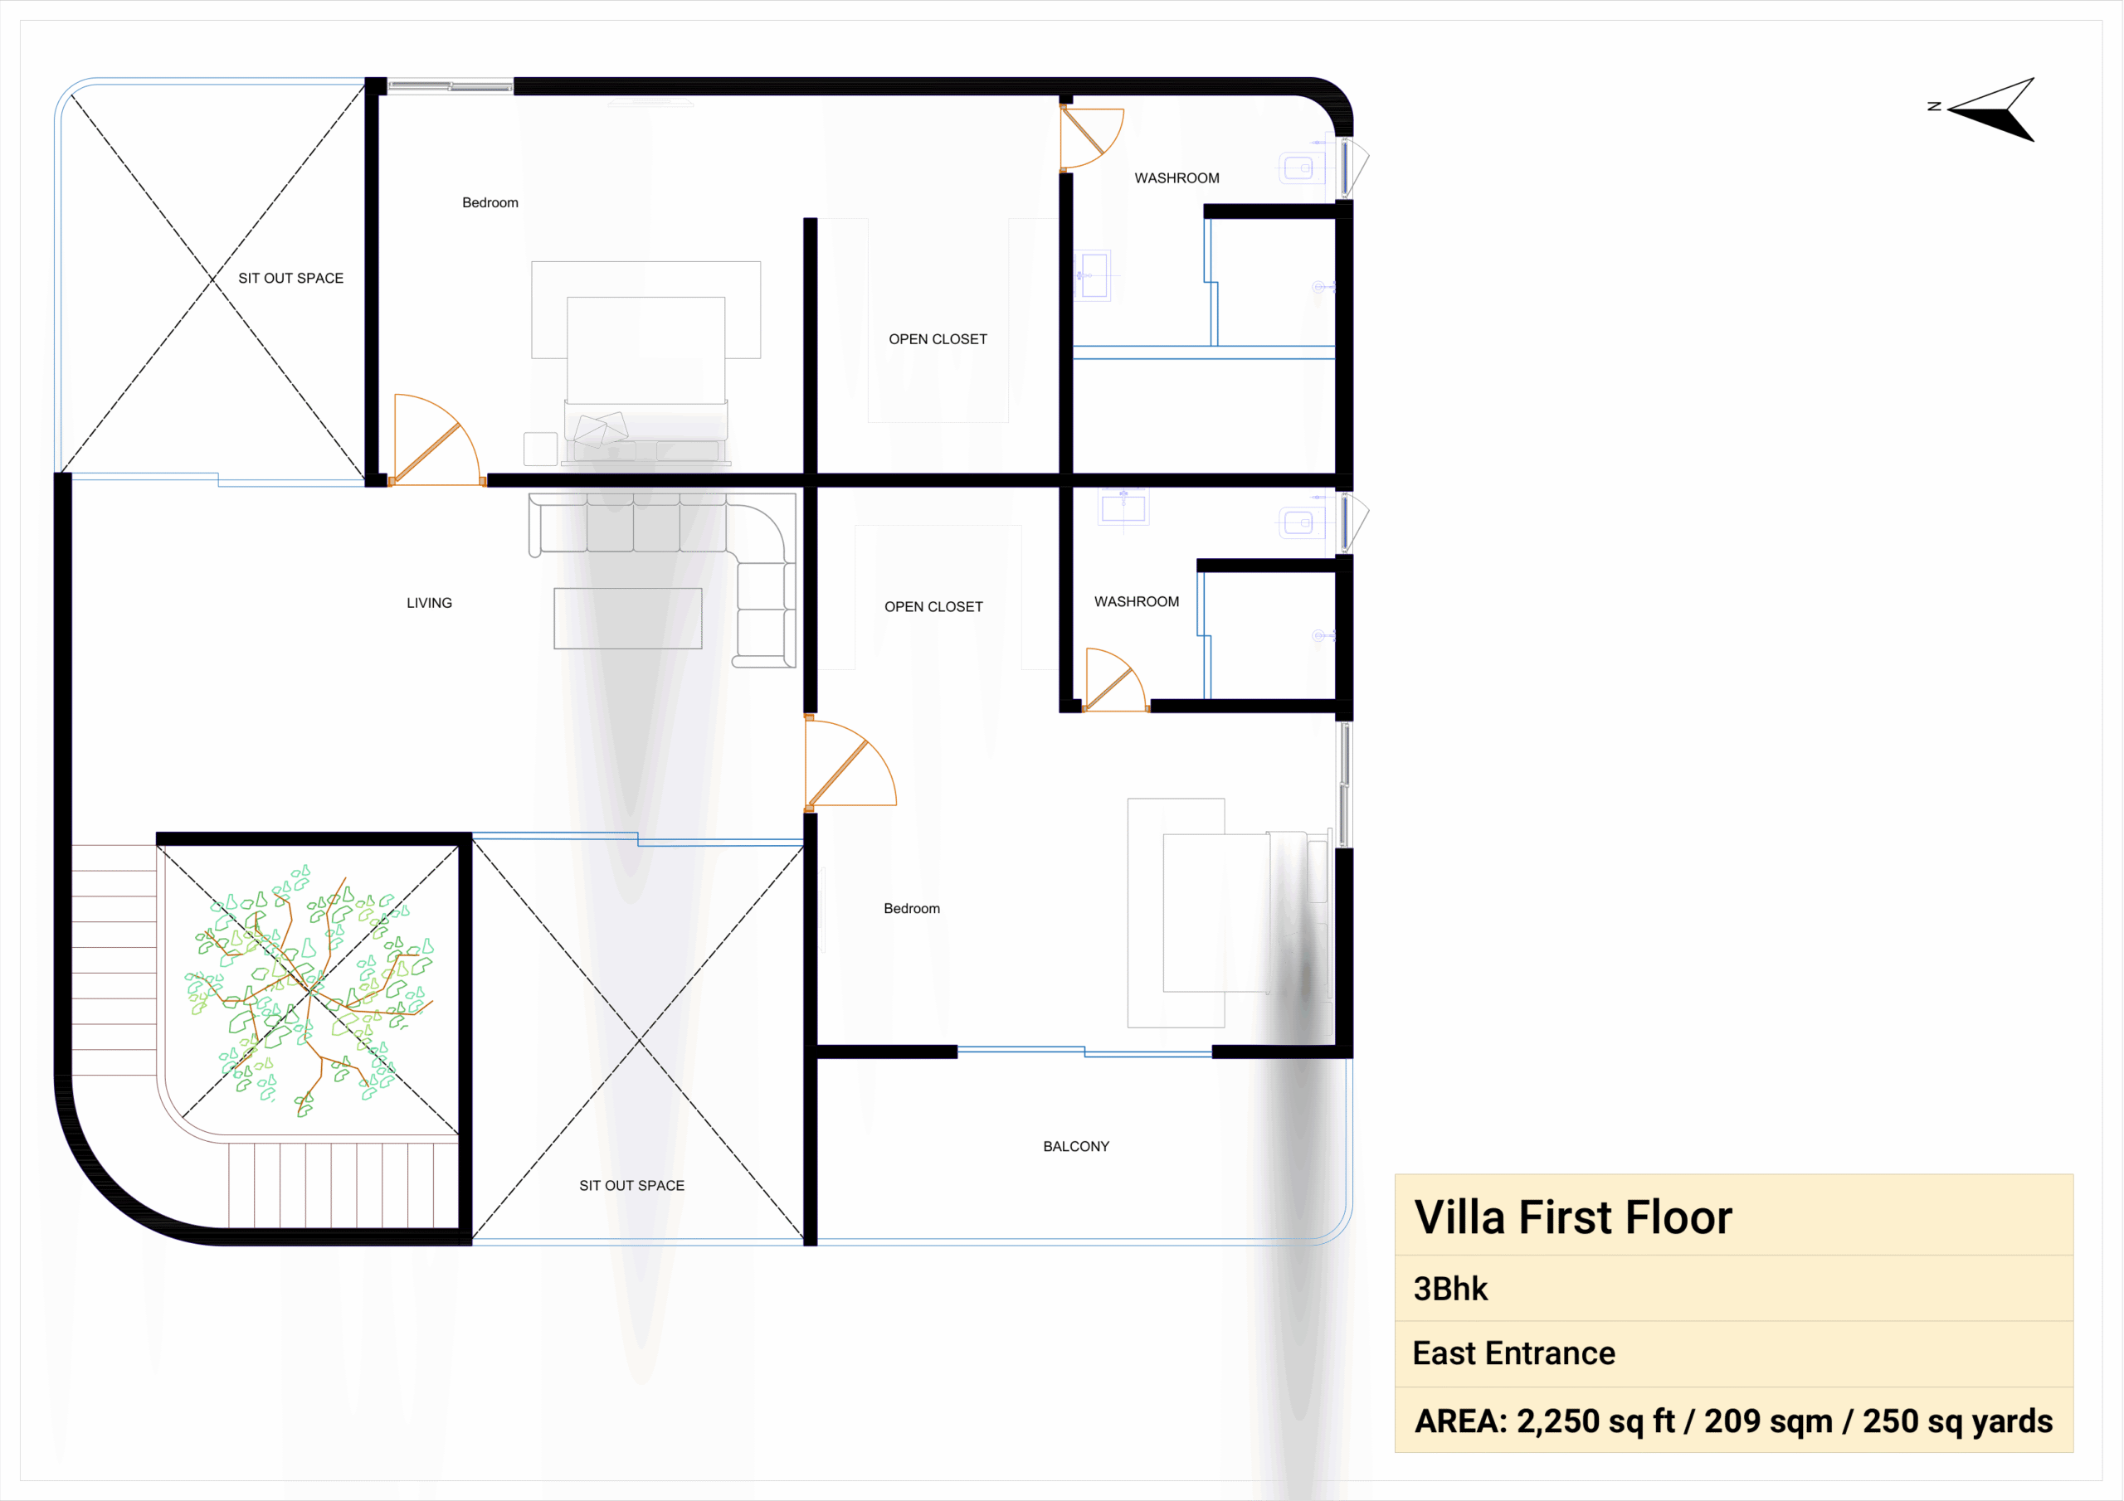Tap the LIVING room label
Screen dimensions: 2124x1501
tap(429, 603)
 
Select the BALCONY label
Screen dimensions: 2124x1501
tap(1076, 1147)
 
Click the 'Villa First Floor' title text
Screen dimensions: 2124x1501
tap(1572, 1217)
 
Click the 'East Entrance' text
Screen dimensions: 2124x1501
tap(1513, 1354)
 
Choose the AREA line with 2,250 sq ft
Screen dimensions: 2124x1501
tap(1733, 1421)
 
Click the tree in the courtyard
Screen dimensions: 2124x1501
tap(309, 989)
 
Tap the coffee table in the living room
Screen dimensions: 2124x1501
tap(628, 618)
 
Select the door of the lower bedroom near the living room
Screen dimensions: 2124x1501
tap(850, 764)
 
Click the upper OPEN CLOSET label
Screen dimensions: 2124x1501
tap(938, 339)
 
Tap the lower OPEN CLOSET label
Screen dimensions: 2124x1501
tap(933, 607)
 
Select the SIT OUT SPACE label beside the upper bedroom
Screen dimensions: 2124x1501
tap(290, 279)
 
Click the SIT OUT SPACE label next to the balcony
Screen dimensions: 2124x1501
tap(632, 1186)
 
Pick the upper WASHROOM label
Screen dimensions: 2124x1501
tap(1176, 178)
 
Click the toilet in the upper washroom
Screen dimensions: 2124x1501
tap(1303, 168)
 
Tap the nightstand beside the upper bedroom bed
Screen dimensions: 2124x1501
tap(540, 449)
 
